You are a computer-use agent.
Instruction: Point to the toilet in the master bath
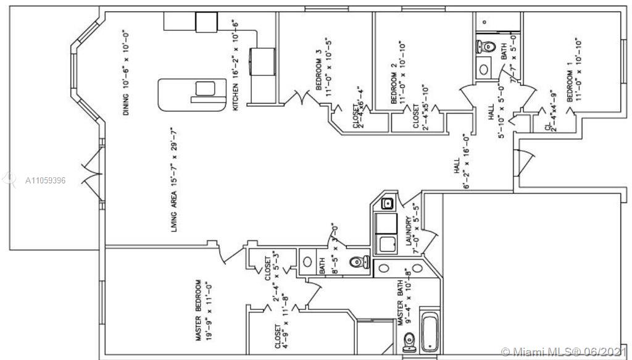(409, 340)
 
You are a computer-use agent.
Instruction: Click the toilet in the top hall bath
(486, 46)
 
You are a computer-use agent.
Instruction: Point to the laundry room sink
(389, 203)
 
